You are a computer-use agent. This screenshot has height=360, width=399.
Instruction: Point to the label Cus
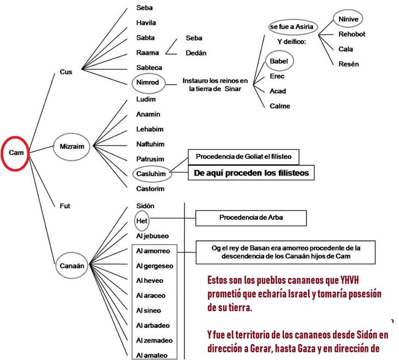tap(66, 71)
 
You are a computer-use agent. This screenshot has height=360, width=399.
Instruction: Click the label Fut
tap(65, 206)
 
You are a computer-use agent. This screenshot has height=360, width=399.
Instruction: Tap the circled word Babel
tap(278, 61)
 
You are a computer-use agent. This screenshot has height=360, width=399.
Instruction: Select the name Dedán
tap(196, 53)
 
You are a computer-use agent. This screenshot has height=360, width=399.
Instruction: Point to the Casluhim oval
tap(151, 174)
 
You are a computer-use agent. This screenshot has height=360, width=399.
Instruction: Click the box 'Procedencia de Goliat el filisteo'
tap(243, 157)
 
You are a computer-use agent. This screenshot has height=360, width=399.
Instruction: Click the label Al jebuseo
tap(153, 235)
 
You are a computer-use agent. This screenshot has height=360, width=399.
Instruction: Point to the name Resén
tap(348, 64)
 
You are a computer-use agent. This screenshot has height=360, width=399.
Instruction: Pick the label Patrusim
tap(150, 159)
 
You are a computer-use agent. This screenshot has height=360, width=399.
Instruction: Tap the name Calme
tap(280, 106)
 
